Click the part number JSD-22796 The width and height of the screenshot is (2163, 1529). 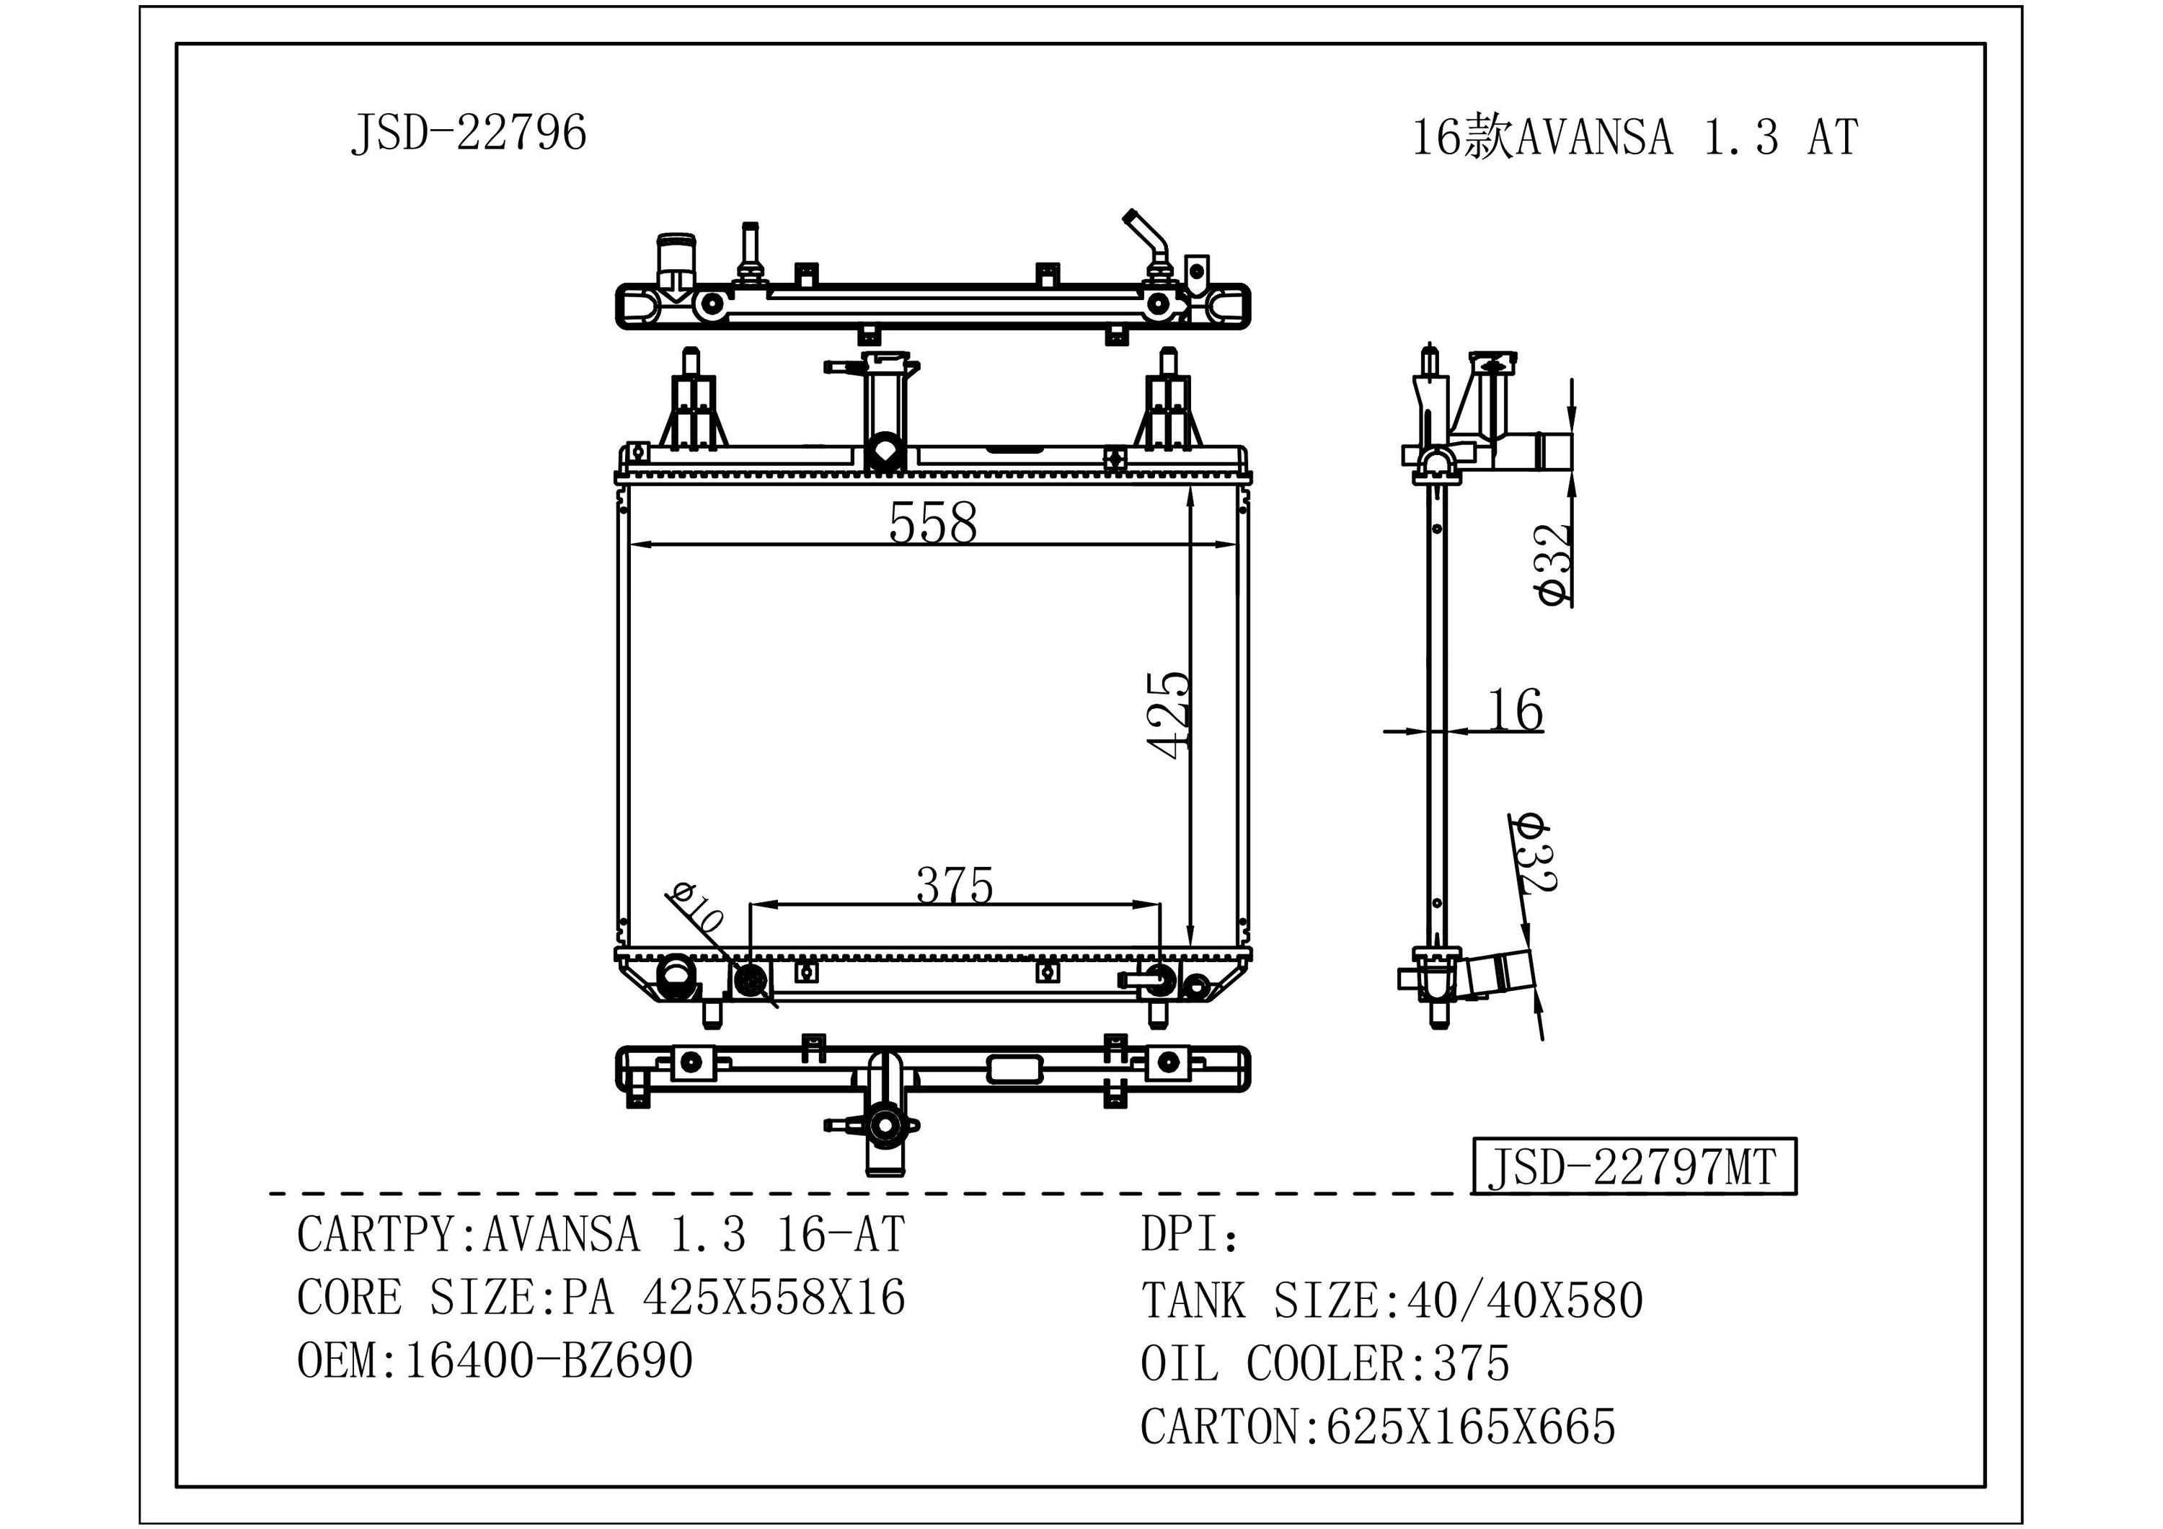click(468, 133)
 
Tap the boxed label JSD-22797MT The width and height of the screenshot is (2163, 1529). click(1634, 1167)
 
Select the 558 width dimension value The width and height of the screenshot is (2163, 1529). click(933, 523)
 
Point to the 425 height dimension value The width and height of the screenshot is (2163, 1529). click(1169, 714)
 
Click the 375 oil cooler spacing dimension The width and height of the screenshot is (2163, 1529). click(955, 886)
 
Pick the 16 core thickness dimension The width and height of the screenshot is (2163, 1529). click(1515, 710)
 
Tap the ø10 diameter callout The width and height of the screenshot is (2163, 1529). click(696, 907)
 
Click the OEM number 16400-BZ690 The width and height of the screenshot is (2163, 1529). click(548, 1361)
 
